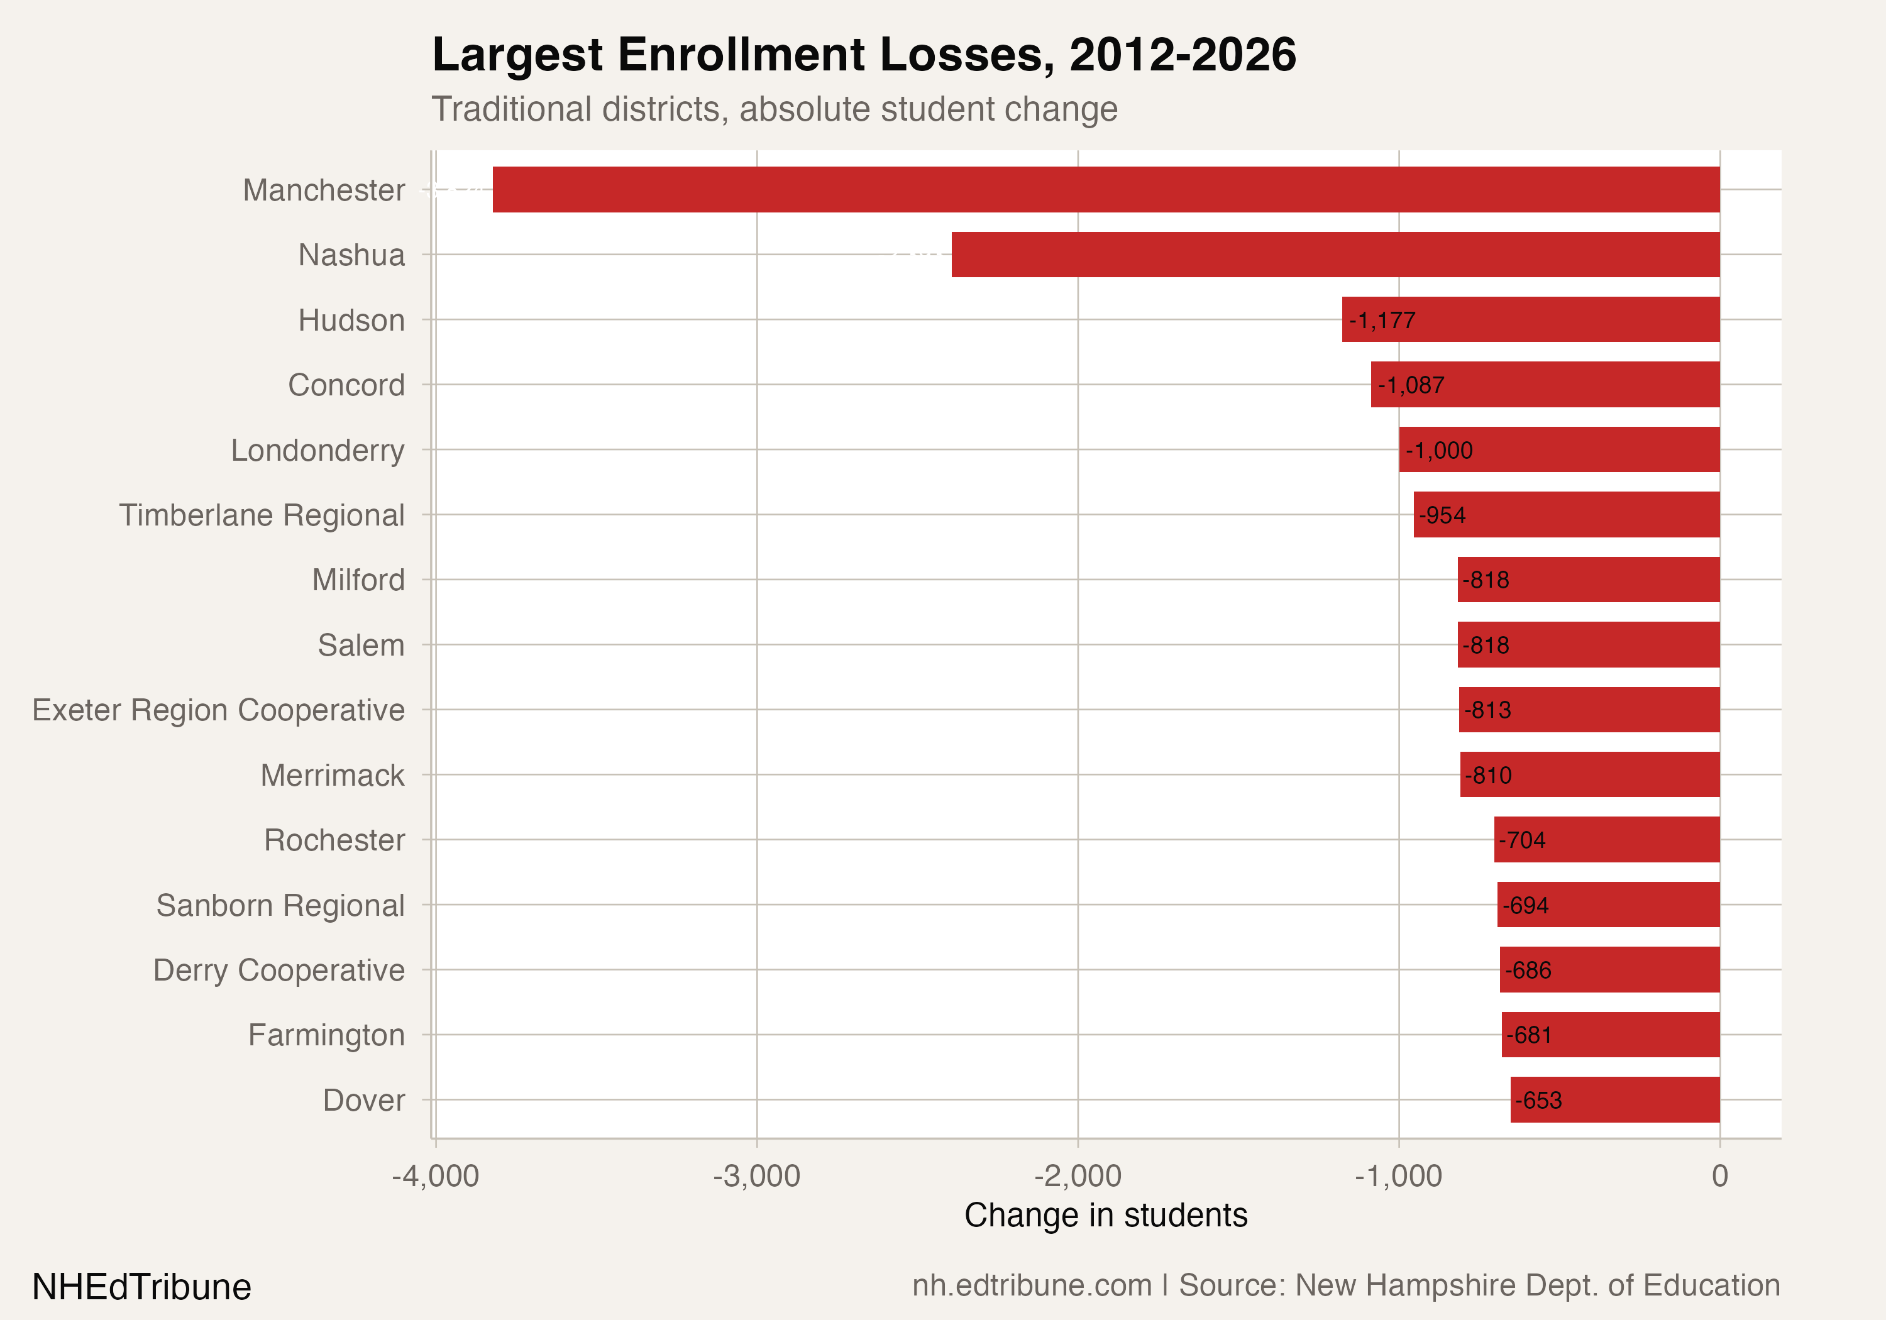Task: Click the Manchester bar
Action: tap(1106, 190)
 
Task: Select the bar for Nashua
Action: tap(1336, 255)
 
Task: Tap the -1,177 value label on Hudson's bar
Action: tap(1382, 321)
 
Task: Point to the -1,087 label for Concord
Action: tap(1411, 385)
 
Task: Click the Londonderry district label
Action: tap(318, 450)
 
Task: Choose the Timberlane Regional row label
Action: tap(262, 515)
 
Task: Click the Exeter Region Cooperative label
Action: tap(219, 710)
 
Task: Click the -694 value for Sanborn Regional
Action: tap(1525, 905)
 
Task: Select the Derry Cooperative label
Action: tap(279, 970)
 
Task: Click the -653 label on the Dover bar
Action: tap(1538, 1101)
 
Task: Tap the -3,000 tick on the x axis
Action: tap(756, 1176)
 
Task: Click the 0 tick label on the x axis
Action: tap(1719, 1176)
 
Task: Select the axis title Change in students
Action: tap(1106, 1215)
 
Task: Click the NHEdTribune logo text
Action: tap(141, 1286)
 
